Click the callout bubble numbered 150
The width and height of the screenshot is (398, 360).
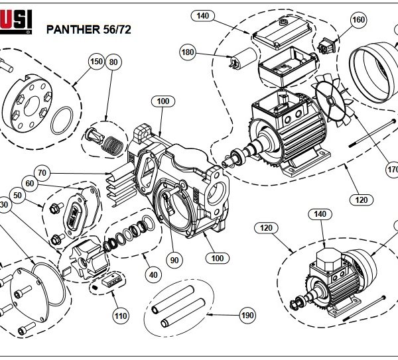coord(96,62)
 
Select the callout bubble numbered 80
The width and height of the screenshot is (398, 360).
coord(113,62)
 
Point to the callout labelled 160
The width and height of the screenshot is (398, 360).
coord(358,20)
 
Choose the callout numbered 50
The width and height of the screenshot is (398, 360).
coord(17,196)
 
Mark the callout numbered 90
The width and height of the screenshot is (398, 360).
coord(174,261)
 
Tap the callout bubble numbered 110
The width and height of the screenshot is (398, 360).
coord(120,316)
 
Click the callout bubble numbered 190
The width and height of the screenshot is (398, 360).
coord(246,316)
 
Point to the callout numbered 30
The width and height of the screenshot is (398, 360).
coord(3,206)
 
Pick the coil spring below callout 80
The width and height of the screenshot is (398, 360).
coord(113,141)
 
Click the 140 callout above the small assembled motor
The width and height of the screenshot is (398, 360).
coord(320,214)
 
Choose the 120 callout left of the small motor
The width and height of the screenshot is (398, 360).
coord(267,228)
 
